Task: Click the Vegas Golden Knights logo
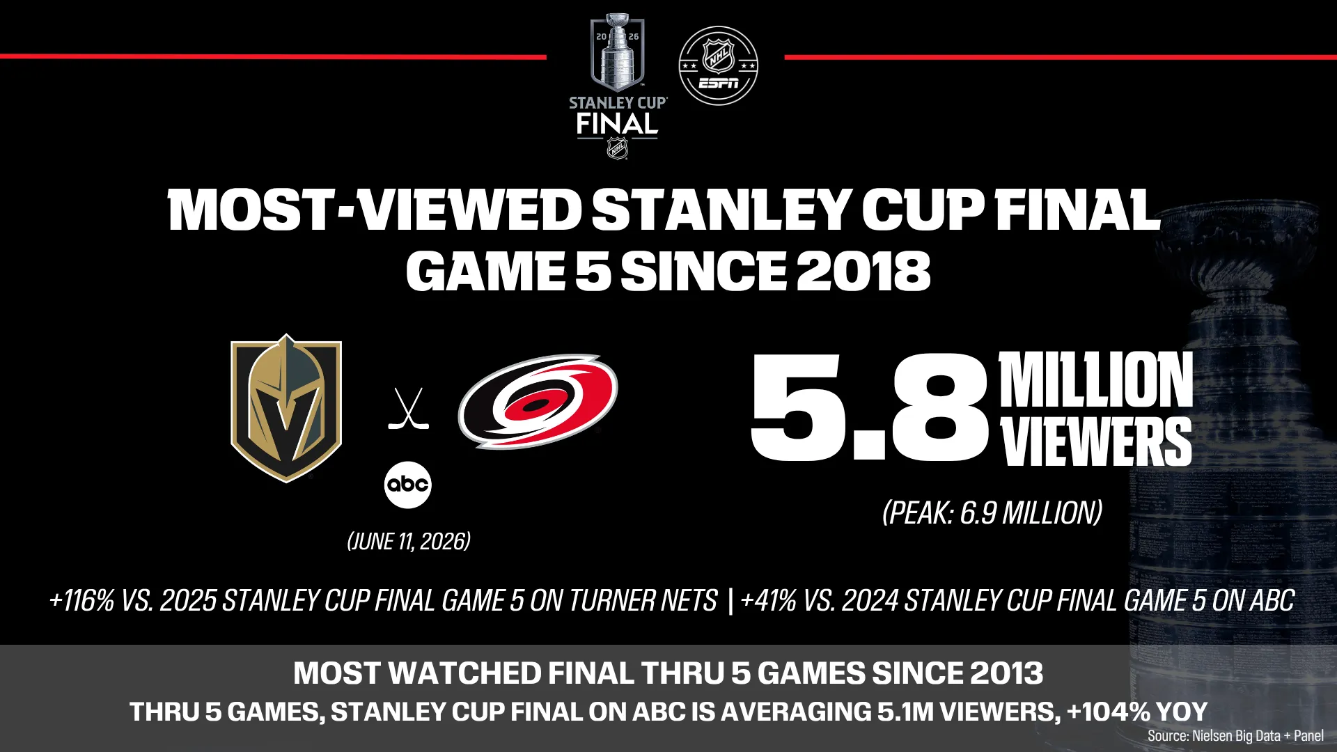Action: [x=286, y=409]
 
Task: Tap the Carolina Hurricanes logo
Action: [x=538, y=400]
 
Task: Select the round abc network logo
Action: [x=408, y=485]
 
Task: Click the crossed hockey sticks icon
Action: [x=408, y=409]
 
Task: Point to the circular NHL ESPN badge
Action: [x=718, y=66]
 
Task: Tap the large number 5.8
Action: [x=870, y=409]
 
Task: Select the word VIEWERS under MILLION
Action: [x=1096, y=441]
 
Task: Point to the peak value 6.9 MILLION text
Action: [x=1031, y=513]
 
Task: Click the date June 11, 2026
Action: [x=409, y=542]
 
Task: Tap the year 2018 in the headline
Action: [x=863, y=272]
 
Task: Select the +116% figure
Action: [x=81, y=600]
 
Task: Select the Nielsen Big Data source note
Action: [x=1235, y=736]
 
